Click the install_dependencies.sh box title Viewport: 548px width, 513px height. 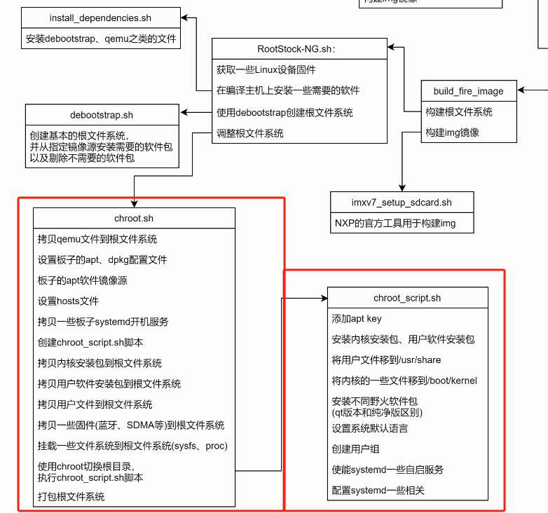point(100,18)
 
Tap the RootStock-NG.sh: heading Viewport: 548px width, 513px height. point(297,49)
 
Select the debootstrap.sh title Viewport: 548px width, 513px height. point(102,114)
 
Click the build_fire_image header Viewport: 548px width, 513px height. point(468,90)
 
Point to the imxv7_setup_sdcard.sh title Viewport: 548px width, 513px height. point(402,203)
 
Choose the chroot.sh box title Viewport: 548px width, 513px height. point(134,218)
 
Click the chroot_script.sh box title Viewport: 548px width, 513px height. point(407,298)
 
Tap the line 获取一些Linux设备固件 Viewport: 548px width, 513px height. point(266,69)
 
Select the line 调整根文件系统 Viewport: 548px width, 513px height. point(250,132)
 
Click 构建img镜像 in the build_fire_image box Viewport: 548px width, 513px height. point(453,132)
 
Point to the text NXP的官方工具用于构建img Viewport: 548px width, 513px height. point(394,223)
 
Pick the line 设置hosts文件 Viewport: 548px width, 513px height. point(69,301)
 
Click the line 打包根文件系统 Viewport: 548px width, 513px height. point(71,496)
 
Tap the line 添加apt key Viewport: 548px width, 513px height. point(357,318)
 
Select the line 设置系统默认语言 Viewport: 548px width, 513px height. point(370,428)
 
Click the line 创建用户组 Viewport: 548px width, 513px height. point(356,449)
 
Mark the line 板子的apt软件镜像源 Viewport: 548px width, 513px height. point(83,280)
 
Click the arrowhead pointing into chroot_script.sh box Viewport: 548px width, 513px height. point(324,298)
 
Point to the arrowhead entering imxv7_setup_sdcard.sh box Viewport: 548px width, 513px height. point(402,187)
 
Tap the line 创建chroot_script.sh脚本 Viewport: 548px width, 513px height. point(90,342)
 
